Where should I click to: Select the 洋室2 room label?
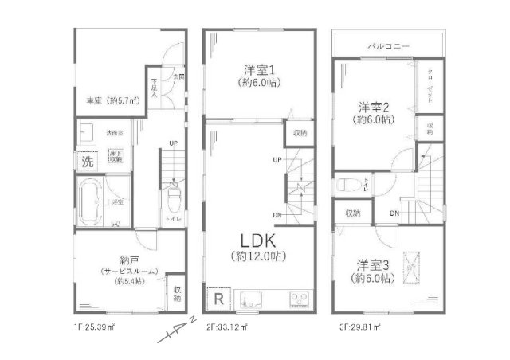click(373, 106)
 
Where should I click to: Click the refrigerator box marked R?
click(218, 299)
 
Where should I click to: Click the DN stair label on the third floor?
click(395, 213)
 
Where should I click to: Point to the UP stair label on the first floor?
click(172, 143)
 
